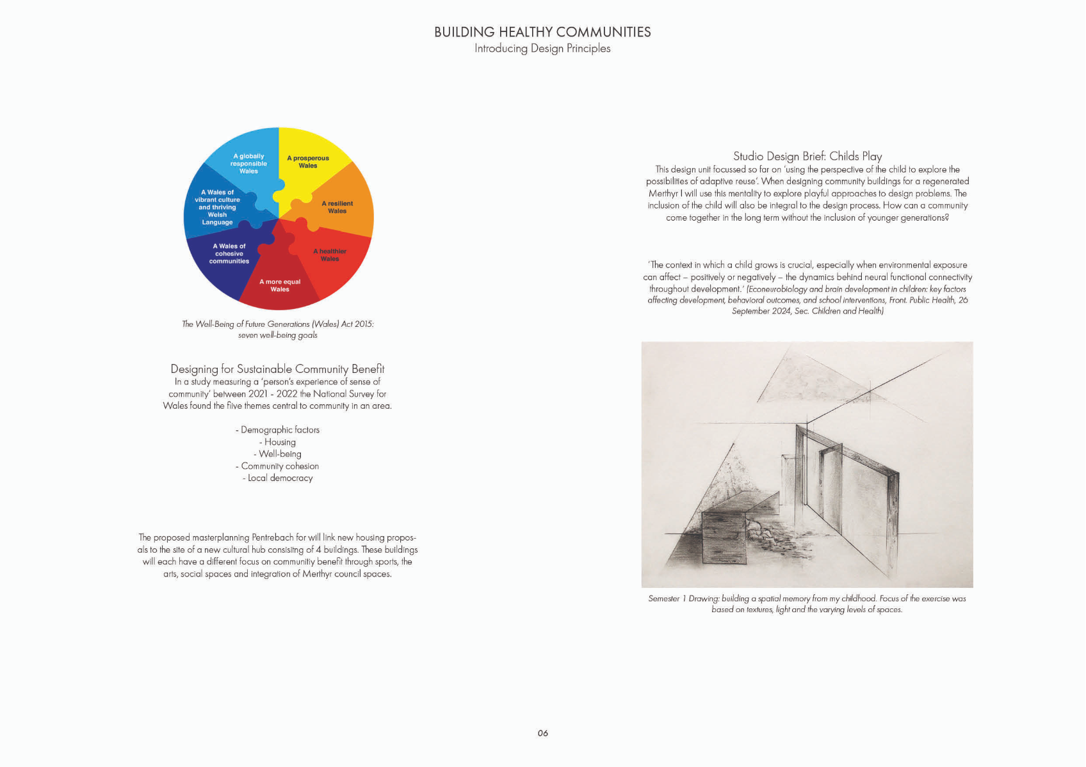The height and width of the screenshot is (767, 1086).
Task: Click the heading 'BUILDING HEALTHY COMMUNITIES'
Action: (x=542, y=32)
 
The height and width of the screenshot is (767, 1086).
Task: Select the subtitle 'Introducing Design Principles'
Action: (x=542, y=49)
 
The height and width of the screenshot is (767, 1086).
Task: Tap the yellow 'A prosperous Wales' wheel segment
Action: (x=308, y=162)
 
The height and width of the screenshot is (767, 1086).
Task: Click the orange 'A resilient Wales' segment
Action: (x=337, y=207)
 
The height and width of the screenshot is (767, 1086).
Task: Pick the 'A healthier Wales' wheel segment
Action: (x=330, y=255)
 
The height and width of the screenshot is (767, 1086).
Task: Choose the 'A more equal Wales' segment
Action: (x=280, y=285)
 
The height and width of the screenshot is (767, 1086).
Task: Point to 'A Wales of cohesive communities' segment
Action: (x=229, y=254)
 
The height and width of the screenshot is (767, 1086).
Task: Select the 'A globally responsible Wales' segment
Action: (x=248, y=164)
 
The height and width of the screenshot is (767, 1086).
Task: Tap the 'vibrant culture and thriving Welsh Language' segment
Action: (x=217, y=207)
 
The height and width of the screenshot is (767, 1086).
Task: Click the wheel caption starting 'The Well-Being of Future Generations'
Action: (x=278, y=329)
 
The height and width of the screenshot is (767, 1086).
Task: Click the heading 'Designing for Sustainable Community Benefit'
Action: (x=277, y=369)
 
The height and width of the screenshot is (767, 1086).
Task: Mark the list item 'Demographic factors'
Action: (x=277, y=430)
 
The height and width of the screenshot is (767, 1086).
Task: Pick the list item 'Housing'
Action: (x=278, y=442)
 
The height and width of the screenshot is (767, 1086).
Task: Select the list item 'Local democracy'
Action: (x=278, y=478)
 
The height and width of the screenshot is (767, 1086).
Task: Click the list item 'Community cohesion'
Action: (x=277, y=466)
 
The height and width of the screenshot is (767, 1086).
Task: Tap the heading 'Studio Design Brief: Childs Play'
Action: (x=807, y=156)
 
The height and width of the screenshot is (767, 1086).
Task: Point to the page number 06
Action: (x=543, y=733)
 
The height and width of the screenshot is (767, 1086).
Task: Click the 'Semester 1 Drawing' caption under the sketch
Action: (x=807, y=604)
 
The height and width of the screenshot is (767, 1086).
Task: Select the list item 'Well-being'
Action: (x=278, y=454)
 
